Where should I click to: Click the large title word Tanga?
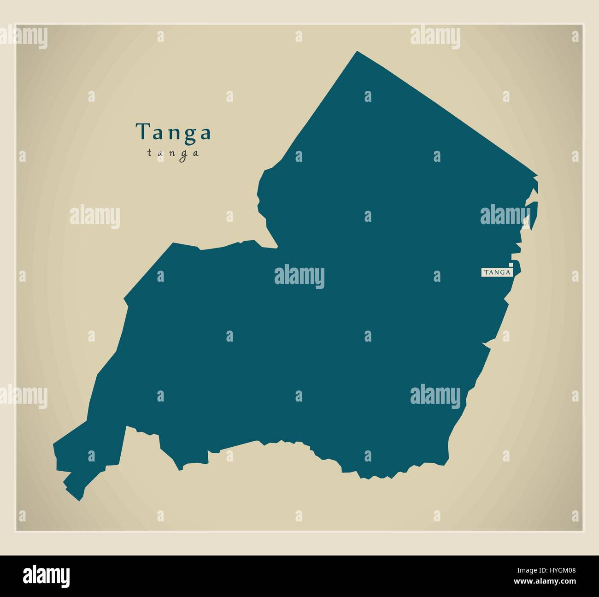[173, 132]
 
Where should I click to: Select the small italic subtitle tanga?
[173, 153]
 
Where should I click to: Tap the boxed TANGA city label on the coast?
[497, 272]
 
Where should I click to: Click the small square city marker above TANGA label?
[511, 265]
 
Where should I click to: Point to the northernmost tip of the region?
[357, 52]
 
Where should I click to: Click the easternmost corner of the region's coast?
[537, 176]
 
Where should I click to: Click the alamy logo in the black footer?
[47, 576]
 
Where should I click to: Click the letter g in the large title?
[189, 134]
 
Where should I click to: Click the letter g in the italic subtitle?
[184, 154]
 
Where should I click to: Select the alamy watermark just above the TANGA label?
[505, 215]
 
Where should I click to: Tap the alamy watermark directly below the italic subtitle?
[95, 216]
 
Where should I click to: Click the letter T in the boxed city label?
[485, 272]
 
